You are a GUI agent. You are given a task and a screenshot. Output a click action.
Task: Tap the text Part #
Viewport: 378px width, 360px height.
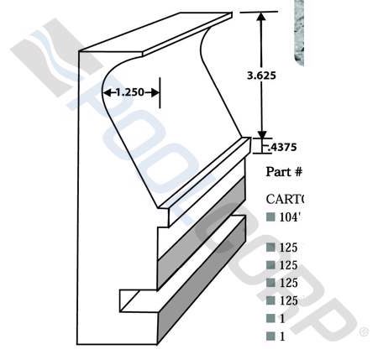[283, 172]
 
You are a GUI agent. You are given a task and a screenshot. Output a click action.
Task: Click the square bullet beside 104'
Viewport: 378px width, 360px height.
[270, 217]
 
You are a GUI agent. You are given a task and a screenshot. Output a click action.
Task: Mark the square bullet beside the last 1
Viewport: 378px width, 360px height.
[270, 337]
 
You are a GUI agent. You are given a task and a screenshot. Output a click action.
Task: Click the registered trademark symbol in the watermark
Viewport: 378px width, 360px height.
[364, 332]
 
